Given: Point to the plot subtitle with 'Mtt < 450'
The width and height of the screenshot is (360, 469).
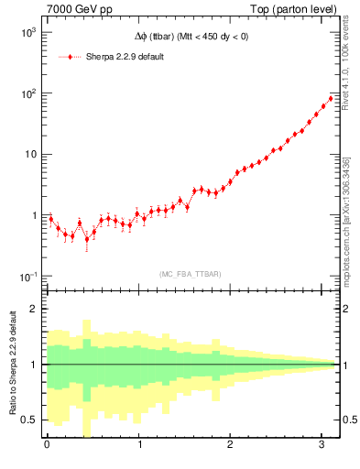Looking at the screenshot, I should pos(190,37).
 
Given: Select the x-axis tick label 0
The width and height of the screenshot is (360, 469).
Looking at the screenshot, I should pos(47,446).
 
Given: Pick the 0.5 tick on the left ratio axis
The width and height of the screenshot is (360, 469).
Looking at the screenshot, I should pos(28,420).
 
